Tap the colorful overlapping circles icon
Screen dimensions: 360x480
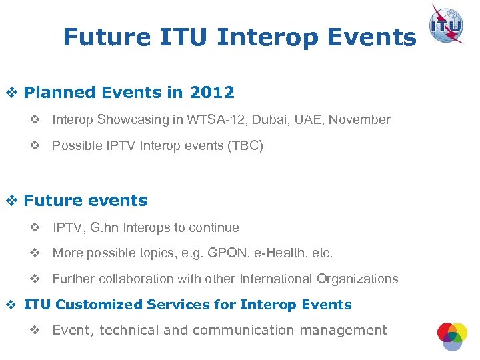tap(452, 335)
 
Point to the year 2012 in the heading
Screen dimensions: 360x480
tap(211, 92)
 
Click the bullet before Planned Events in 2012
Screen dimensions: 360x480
tap(11, 93)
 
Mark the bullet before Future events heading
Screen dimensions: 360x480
tap(11, 201)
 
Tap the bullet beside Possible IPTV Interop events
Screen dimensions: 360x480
tap(35, 145)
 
